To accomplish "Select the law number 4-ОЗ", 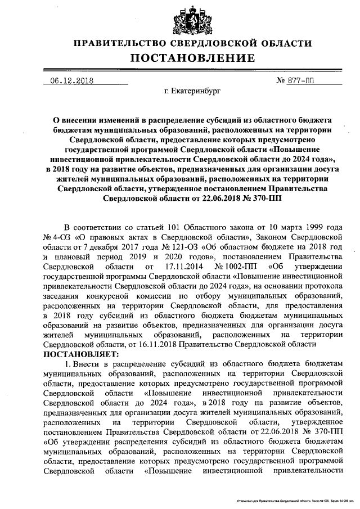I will [63, 237].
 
